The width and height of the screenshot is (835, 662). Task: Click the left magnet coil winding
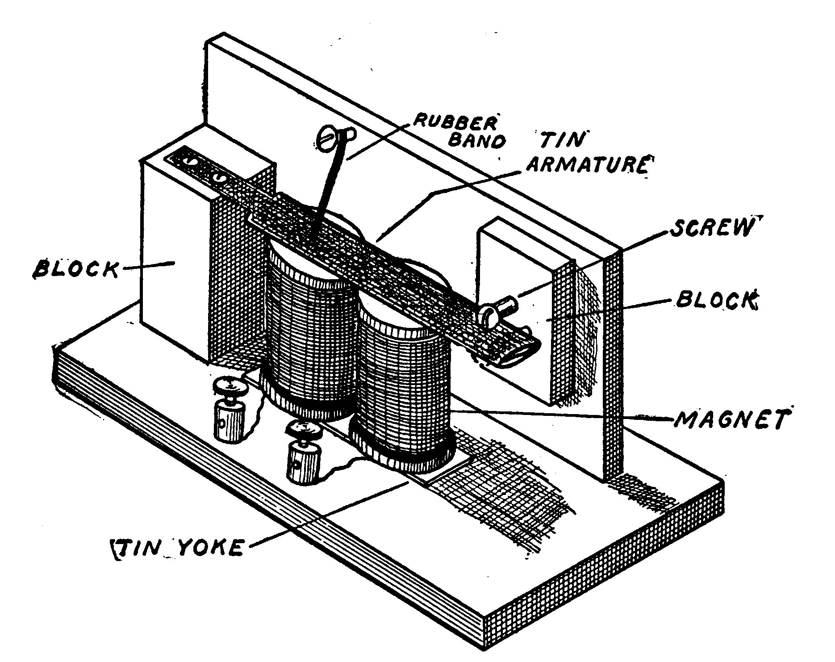tap(308, 339)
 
